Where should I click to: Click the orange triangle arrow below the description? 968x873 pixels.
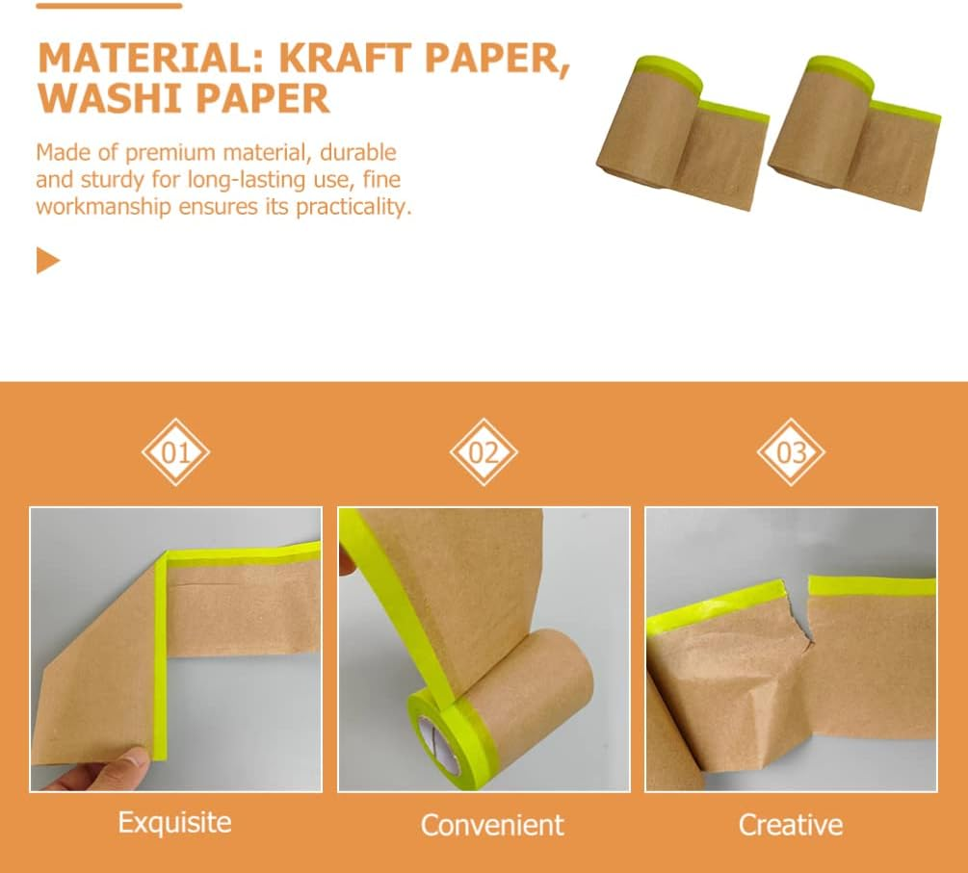[x=48, y=261]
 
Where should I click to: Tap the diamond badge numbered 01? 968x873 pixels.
[x=175, y=451]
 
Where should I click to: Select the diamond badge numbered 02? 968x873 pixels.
[x=484, y=451]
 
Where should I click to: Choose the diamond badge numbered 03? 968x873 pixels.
[x=791, y=451]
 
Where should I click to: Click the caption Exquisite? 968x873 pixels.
[x=175, y=823]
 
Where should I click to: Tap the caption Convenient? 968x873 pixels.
[x=492, y=825]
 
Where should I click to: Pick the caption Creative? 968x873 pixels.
[x=791, y=825]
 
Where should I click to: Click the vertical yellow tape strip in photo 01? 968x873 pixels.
[x=161, y=655]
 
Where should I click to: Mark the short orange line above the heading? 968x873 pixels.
[x=109, y=6]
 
